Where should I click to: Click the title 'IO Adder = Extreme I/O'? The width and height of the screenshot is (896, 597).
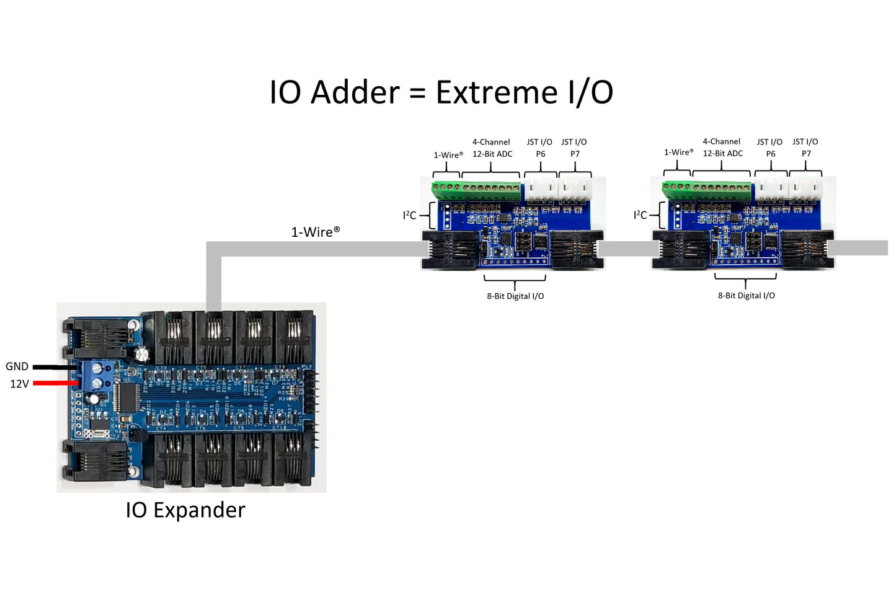pos(441,92)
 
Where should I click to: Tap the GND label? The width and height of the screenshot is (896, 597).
pos(17,366)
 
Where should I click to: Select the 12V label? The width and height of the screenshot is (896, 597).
pos(19,384)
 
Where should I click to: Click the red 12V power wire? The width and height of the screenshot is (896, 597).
pos(55,383)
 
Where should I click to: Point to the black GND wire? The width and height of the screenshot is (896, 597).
pos(55,367)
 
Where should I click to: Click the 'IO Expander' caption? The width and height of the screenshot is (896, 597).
pos(185,510)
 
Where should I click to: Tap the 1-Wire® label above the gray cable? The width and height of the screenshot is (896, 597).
pos(315,232)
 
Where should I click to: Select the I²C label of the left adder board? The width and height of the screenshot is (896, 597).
pos(409,215)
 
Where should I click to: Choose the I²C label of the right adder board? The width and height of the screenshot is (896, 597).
pos(640,214)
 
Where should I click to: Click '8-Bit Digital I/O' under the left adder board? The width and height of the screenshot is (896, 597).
pos(515,296)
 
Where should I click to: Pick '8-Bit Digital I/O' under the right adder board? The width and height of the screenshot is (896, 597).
pos(746,296)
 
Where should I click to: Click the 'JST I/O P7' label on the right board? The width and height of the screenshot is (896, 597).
pos(805,148)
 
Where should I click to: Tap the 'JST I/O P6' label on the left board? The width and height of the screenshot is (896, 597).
pos(539,148)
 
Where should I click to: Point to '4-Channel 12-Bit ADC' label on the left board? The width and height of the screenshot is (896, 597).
pos(492,148)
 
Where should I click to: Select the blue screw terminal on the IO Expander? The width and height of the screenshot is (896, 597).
pos(97,376)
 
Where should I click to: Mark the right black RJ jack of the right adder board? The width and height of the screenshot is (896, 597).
pos(806,249)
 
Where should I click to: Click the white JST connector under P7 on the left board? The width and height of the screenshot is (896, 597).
pos(575,189)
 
